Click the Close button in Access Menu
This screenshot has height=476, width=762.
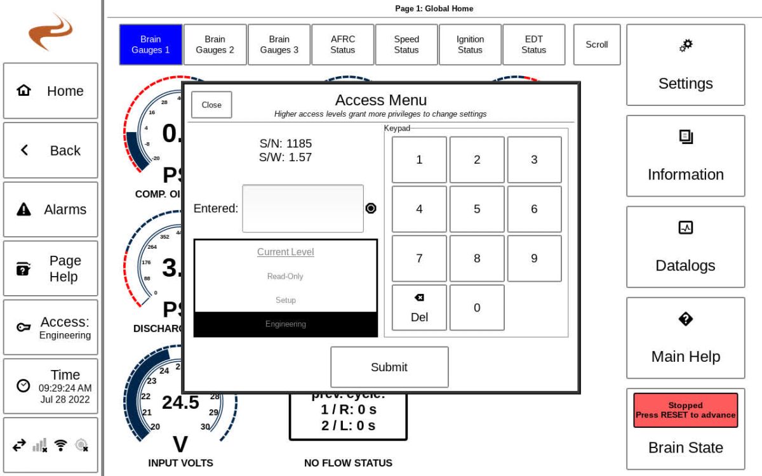(211, 105)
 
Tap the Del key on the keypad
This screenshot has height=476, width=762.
(419, 308)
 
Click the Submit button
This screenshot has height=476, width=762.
(389, 367)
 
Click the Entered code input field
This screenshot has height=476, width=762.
(303, 209)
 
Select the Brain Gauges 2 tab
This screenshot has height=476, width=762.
(215, 44)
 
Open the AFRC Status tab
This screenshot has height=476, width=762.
(342, 44)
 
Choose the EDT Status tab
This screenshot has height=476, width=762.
(533, 44)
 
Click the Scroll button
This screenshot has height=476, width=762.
(596, 44)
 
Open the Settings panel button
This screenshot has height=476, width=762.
(685, 65)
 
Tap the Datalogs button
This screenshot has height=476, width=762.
(685, 247)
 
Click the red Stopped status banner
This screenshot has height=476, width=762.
(685, 410)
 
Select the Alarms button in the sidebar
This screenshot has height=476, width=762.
(51, 209)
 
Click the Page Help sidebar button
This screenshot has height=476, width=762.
(51, 268)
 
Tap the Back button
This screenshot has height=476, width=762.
(51, 150)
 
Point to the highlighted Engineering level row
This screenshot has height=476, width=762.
(285, 324)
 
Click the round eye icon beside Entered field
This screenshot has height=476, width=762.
(371, 208)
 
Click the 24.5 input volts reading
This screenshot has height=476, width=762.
(180, 402)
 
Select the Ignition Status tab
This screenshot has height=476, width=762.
(470, 44)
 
